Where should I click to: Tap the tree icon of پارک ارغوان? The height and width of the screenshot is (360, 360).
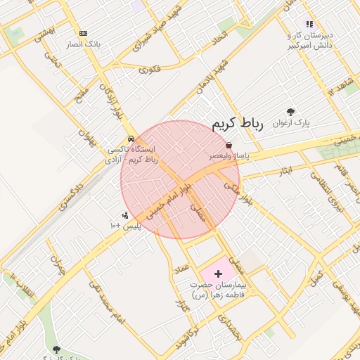point(291,111)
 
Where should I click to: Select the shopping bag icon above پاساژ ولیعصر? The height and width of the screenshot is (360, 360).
point(229,145)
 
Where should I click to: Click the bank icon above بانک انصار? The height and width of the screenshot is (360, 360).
point(84,33)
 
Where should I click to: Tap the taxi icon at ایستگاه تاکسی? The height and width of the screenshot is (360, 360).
point(131,139)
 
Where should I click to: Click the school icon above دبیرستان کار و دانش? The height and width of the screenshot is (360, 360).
point(309,24)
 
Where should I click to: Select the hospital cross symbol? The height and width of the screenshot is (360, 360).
point(217,272)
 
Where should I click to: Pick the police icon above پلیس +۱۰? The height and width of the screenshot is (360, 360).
point(125,215)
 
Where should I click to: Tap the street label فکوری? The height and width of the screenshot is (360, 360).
point(149,69)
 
